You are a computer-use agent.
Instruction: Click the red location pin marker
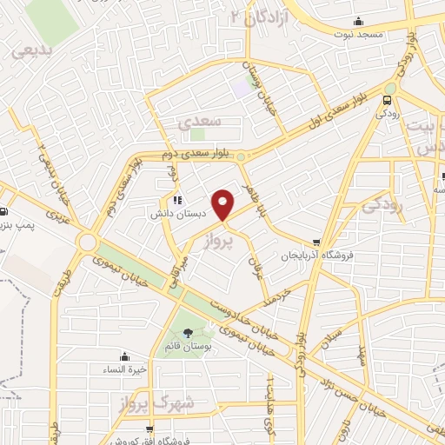coord(223,203)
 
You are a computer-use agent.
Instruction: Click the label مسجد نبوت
coord(358,34)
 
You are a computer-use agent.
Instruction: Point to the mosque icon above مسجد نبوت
coord(358,22)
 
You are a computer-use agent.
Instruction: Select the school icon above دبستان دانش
coord(178,201)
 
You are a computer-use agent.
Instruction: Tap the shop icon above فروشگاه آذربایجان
coord(316,243)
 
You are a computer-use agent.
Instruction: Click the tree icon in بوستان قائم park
coord(189,333)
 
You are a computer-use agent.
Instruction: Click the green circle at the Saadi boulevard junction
coord(241,157)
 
